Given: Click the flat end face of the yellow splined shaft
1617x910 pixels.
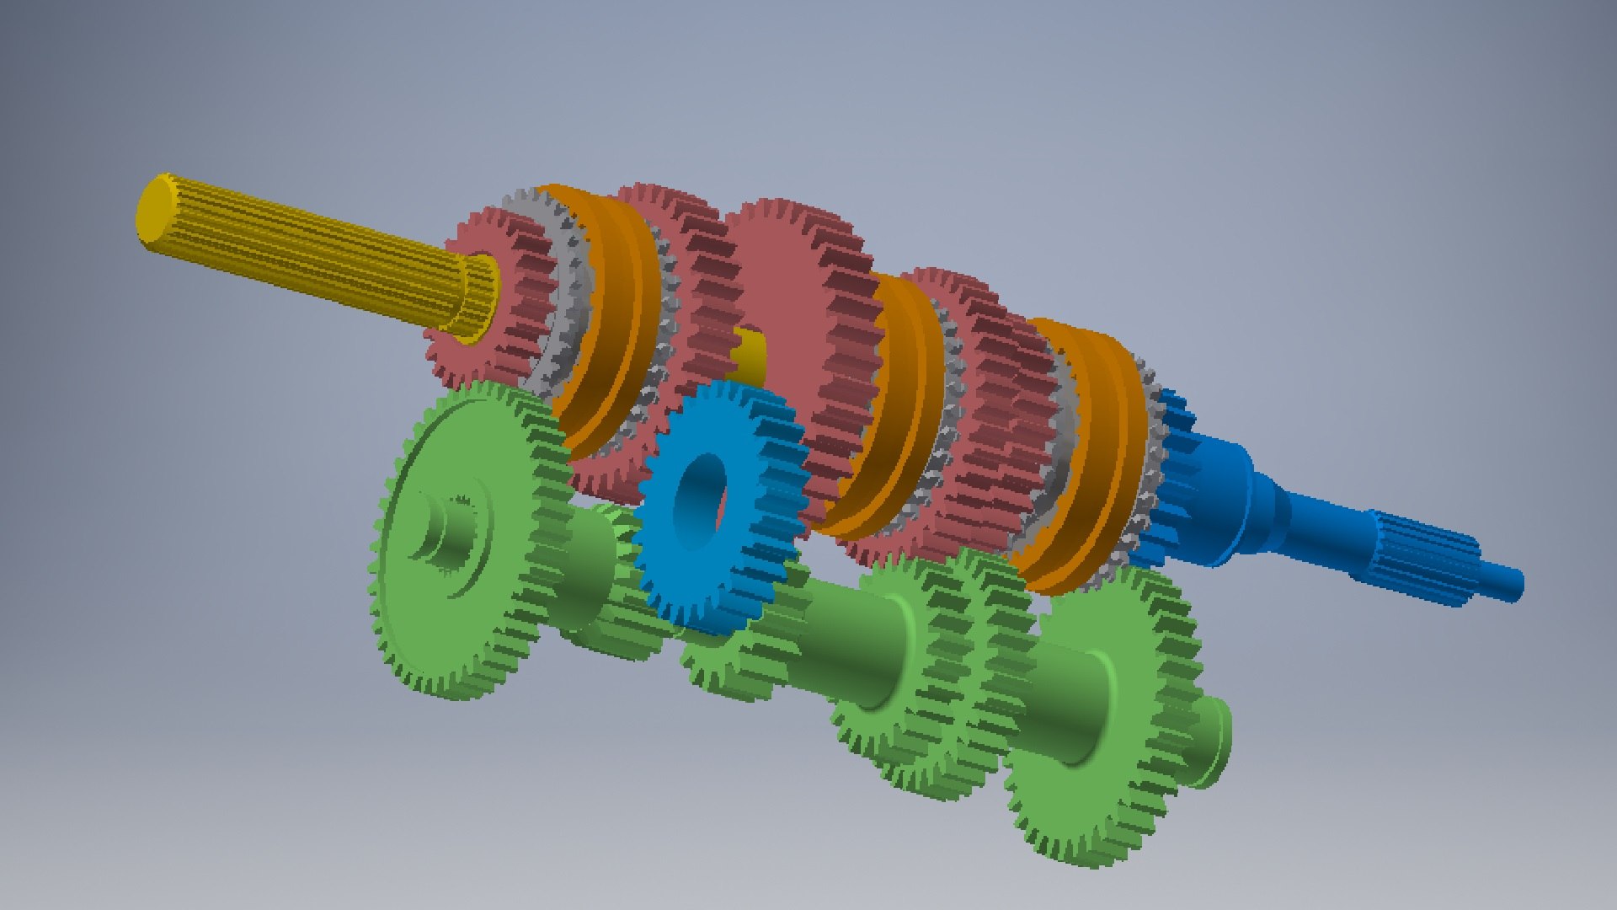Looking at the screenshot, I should pos(154,209).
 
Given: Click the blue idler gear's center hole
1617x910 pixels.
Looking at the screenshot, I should pos(702,504).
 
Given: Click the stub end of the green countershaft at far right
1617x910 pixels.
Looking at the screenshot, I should pos(1213,741).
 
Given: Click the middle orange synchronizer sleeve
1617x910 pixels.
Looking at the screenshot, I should pos(893,404).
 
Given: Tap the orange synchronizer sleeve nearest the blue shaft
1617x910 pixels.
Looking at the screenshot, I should pos(1086,455).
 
